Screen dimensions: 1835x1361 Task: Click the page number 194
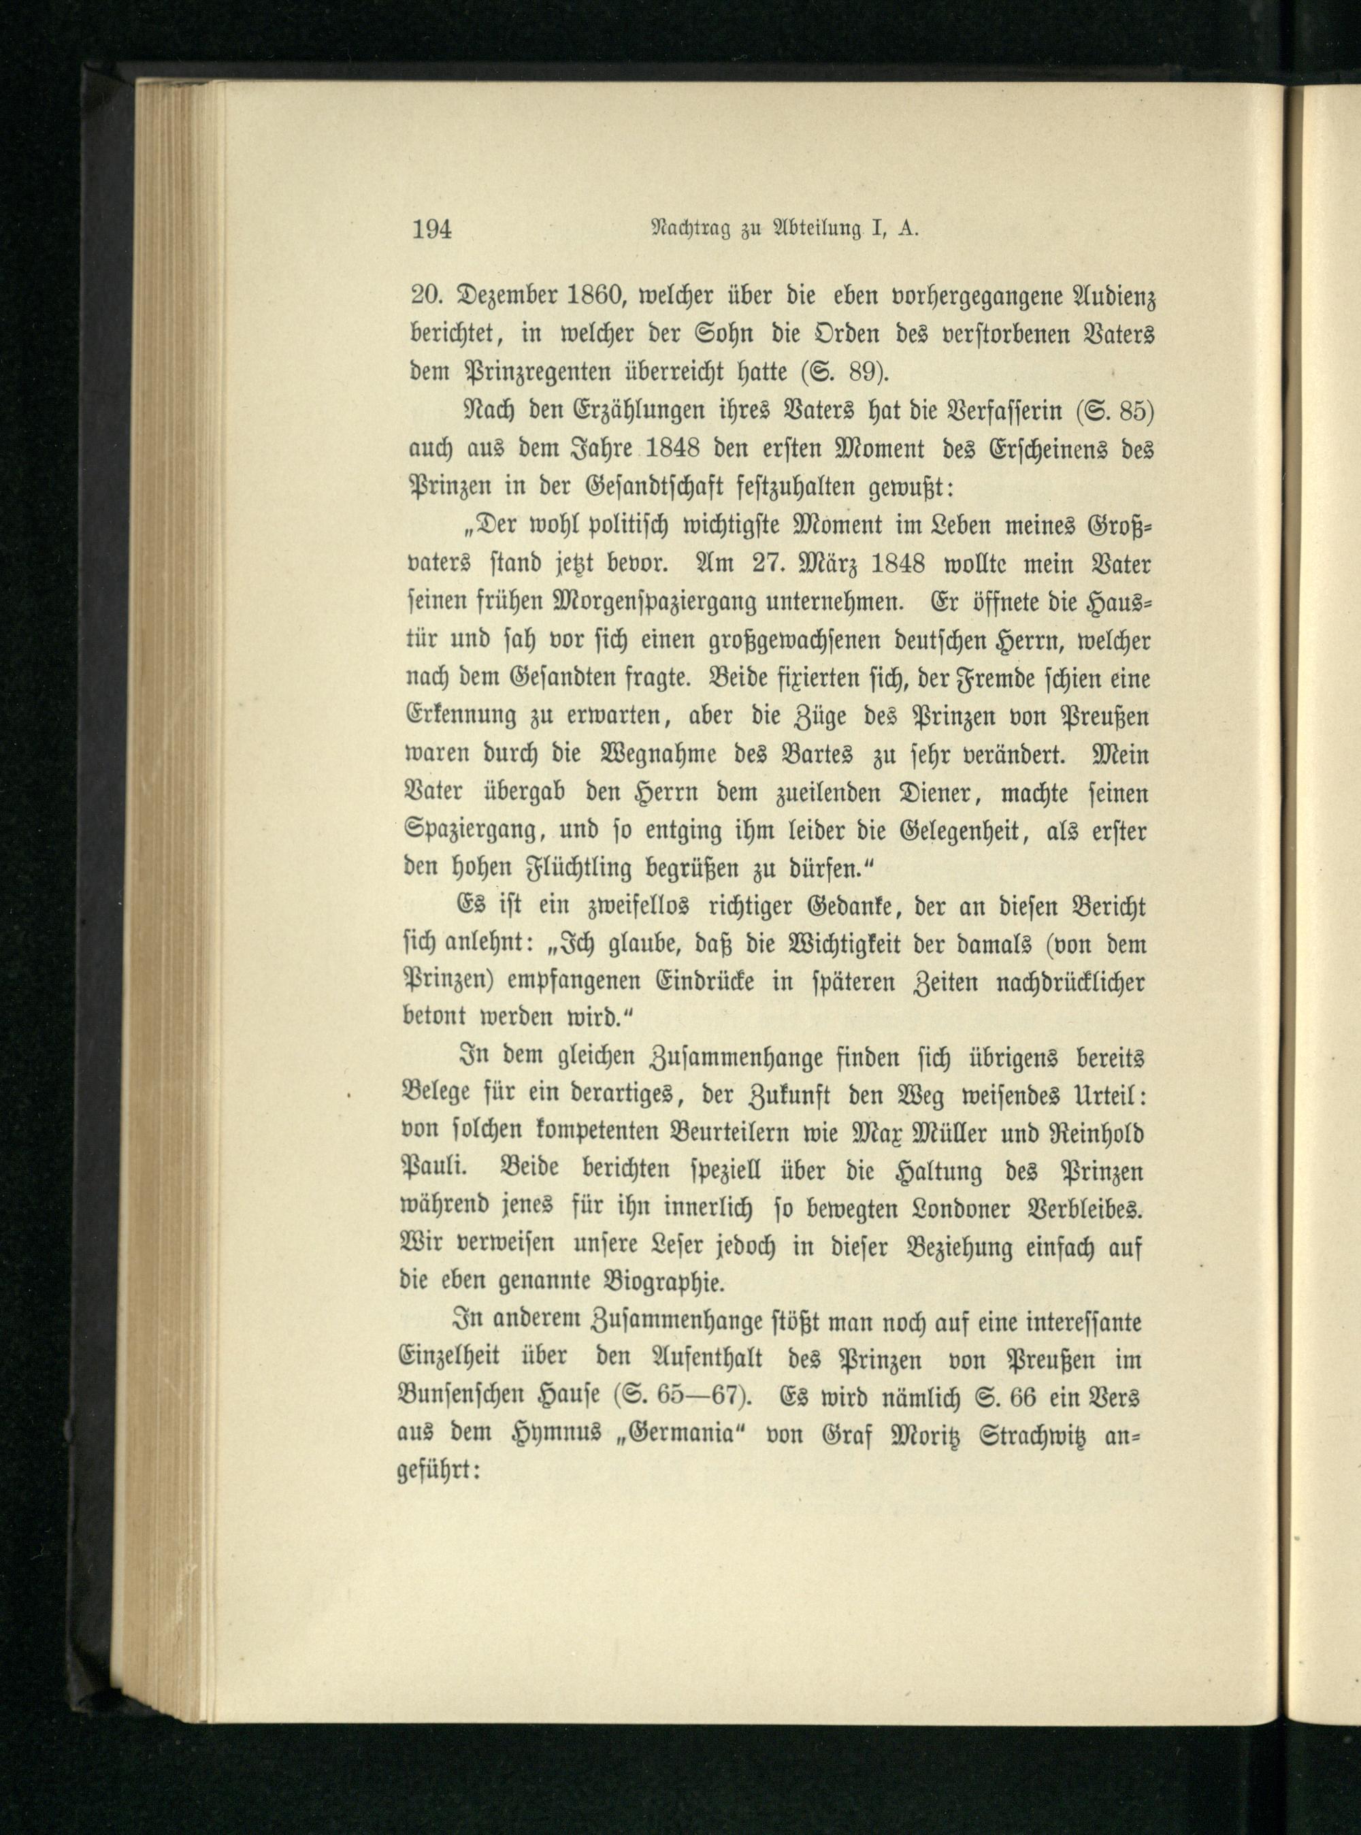(x=431, y=228)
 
